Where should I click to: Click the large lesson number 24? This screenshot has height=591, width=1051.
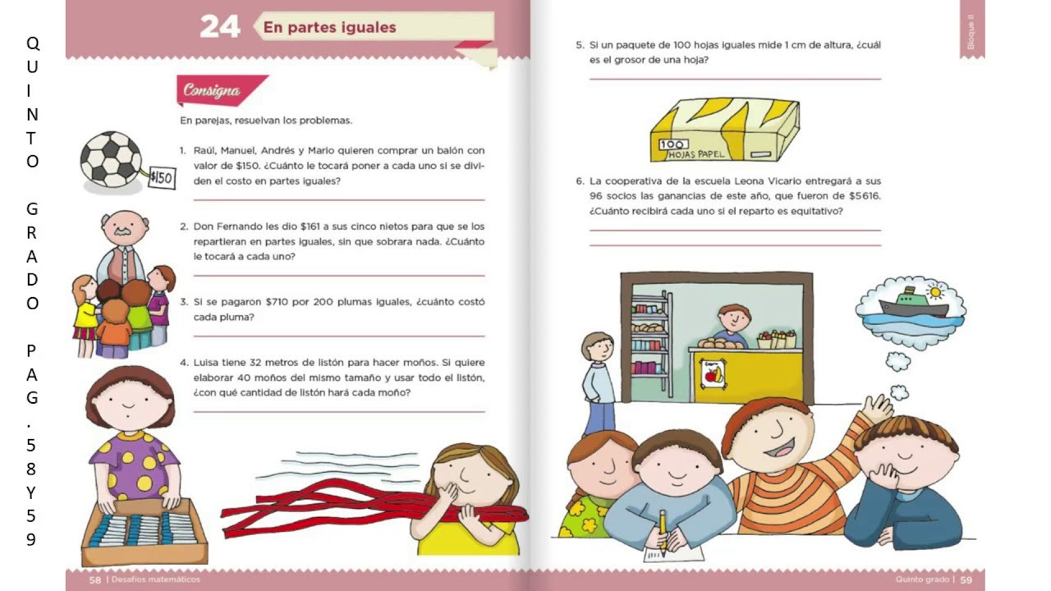(219, 27)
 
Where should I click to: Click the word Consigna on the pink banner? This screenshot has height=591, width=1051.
(212, 90)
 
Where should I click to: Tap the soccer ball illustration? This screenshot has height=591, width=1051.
(111, 159)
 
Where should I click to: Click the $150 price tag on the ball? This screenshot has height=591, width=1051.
(162, 178)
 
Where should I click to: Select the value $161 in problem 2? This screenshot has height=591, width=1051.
(310, 227)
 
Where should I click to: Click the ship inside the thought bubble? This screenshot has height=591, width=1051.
(912, 304)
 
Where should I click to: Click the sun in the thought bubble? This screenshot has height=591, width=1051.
(935, 291)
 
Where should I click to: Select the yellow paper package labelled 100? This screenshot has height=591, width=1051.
(724, 130)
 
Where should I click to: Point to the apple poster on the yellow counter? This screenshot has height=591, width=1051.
(712, 373)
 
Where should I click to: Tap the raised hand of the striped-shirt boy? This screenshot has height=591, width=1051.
(878, 406)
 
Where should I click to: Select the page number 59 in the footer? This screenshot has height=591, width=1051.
(966, 580)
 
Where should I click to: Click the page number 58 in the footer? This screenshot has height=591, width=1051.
(94, 580)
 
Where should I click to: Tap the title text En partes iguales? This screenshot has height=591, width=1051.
(329, 27)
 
